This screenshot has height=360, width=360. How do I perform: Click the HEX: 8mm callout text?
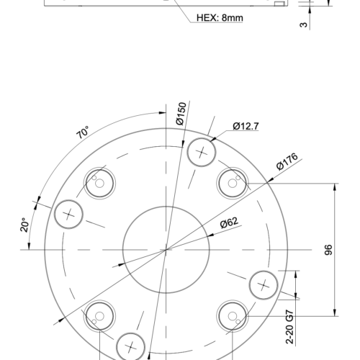tap(219, 18)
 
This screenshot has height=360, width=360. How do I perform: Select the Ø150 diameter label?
tap(181, 115)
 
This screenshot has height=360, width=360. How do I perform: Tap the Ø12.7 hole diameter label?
tap(246, 127)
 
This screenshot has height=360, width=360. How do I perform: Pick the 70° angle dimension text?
tap(83, 132)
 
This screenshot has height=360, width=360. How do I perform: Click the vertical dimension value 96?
tap(328, 250)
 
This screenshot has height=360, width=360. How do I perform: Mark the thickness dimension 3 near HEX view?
tap(304, 24)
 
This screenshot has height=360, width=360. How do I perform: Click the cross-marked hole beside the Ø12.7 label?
tap(202, 153)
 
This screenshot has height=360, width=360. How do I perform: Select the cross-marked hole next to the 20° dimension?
tap(69, 214)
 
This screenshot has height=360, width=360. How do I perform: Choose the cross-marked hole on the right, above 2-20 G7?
tap(264, 285)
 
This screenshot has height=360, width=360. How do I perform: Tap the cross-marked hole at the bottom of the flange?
tap(131, 346)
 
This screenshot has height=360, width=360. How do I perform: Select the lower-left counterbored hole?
tap(99, 315)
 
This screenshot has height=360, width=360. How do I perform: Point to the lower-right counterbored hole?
tap(232, 315)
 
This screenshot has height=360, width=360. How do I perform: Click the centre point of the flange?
tap(166, 249)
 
